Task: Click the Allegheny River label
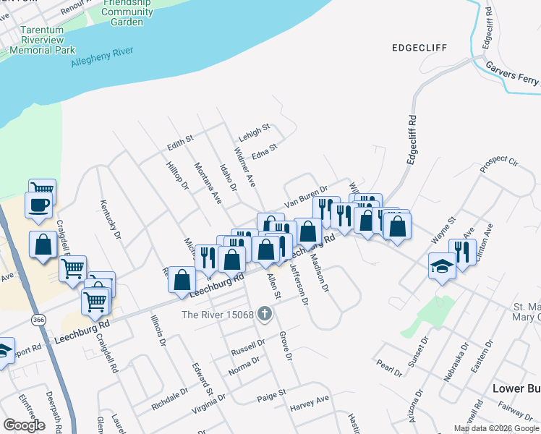pyautogui.click(x=103, y=60)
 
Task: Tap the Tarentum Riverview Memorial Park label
pyautogui.click(x=42, y=42)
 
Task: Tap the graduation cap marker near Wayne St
pyautogui.click(x=442, y=265)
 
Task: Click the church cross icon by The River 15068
pyautogui.click(x=265, y=314)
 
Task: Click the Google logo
pyautogui.click(x=24, y=425)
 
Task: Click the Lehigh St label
pyautogui.click(x=254, y=132)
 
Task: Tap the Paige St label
pyautogui.click(x=273, y=395)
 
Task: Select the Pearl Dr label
pyautogui.click(x=388, y=367)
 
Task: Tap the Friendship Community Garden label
pyautogui.click(x=127, y=13)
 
